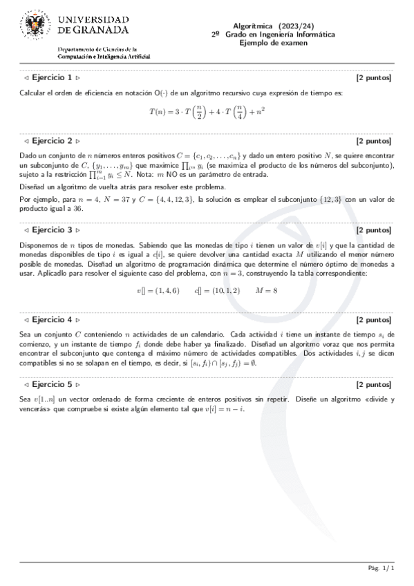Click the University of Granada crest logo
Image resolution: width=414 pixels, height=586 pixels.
(32, 26)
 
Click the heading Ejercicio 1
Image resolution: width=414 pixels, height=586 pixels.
(53, 78)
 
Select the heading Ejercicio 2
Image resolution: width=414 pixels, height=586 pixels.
(53, 140)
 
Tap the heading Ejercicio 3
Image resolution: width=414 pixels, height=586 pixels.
(53, 229)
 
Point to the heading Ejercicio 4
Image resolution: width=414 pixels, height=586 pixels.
(53, 320)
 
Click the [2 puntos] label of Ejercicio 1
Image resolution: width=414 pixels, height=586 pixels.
(374, 78)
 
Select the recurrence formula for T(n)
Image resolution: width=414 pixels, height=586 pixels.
(207, 111)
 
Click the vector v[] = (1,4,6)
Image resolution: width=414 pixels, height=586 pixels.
(158, 291)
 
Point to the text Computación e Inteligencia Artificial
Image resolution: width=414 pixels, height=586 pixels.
(104, 56)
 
